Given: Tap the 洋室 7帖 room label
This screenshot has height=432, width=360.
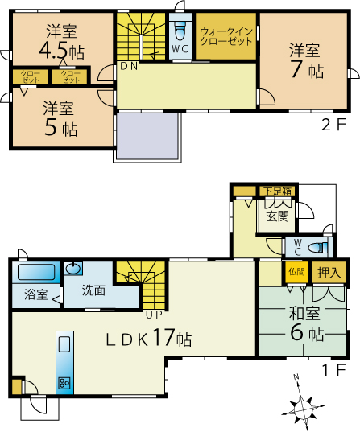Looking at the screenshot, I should click(x=307, y=60).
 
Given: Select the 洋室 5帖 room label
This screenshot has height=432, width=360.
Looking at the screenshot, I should click(x=60, y=117).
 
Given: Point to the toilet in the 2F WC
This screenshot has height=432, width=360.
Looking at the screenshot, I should click(x=180, y=33).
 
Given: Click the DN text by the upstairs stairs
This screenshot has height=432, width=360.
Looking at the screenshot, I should click(x=129, y=67).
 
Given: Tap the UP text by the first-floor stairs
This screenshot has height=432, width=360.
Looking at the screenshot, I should click(x=154, y=303).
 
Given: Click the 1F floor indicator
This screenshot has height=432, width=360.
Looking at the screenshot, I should click(x=333, y=372).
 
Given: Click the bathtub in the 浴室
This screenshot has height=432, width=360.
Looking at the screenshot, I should click(x=34, y=273).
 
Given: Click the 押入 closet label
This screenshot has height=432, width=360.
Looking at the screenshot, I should click(x=329, y=272).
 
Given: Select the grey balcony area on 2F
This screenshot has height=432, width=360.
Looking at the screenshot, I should click(x=147, y=136).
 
